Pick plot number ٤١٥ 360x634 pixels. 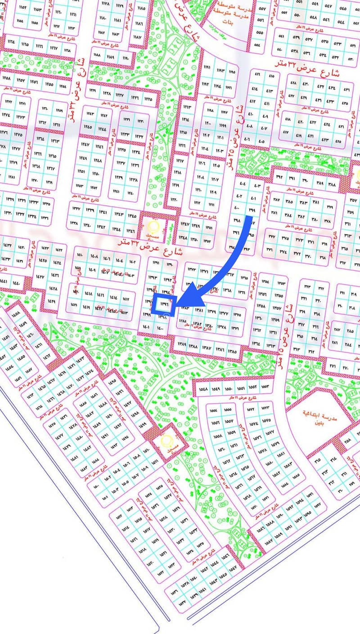271,76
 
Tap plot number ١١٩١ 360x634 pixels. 207,67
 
